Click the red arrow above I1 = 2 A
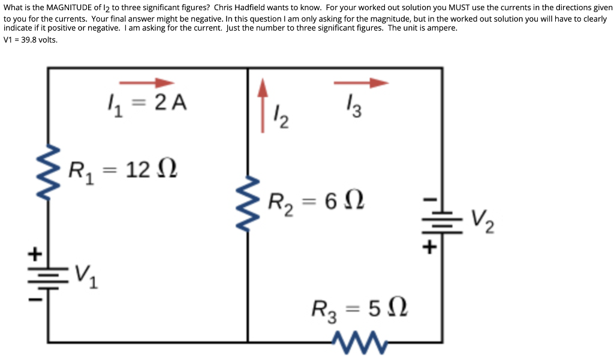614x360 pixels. (146, 83)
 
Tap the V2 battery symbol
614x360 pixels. (442, 221)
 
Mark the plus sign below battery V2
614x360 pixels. (430, 247)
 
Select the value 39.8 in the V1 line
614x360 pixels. (30, 40)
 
